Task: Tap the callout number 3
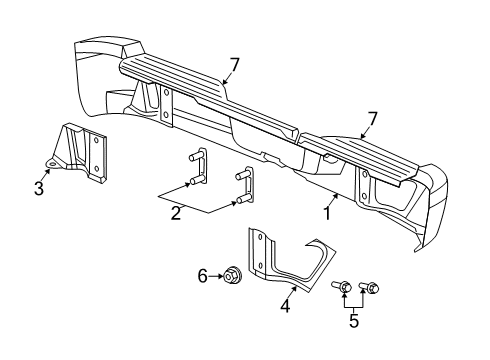click(39, 187)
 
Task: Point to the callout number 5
click(352, 322)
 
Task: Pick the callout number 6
click(202, 275)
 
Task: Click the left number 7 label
click(233, 66)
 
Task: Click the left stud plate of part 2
click(197, 167)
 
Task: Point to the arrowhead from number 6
click(219, 275)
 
